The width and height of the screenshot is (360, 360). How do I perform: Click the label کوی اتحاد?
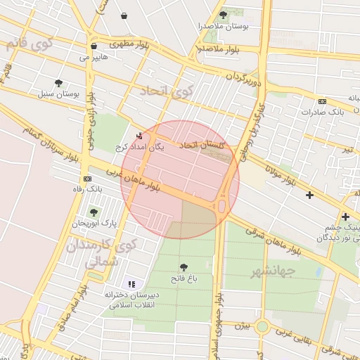pyautogui.click(x=166, y=91)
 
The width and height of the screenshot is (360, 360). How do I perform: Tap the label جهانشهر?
pyautogui.click(x=273, y=269)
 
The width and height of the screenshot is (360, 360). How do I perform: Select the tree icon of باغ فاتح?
pyautogui.click(x=184, y=266)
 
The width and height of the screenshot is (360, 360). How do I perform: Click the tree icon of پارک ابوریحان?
pyautogui.click(x=93, y=212)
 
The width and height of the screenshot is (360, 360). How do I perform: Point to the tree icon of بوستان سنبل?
pyautogui.click(x=58, y=83)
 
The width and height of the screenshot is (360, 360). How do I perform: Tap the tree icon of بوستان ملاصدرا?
pyautogui.click(x=223, y=14)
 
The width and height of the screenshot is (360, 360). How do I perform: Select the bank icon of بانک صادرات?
pyautogui.click(x=322, y=101)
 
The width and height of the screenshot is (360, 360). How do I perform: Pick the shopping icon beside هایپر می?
pyautogui.click(x=94, y=46)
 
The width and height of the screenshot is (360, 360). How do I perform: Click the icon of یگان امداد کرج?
pyautogui.click(x=139, y=136)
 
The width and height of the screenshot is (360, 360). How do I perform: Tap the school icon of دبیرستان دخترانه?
pyautogui.click(x=131, y=283)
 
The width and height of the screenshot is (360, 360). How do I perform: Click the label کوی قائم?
pyautogui.click(x=28, y=44)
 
